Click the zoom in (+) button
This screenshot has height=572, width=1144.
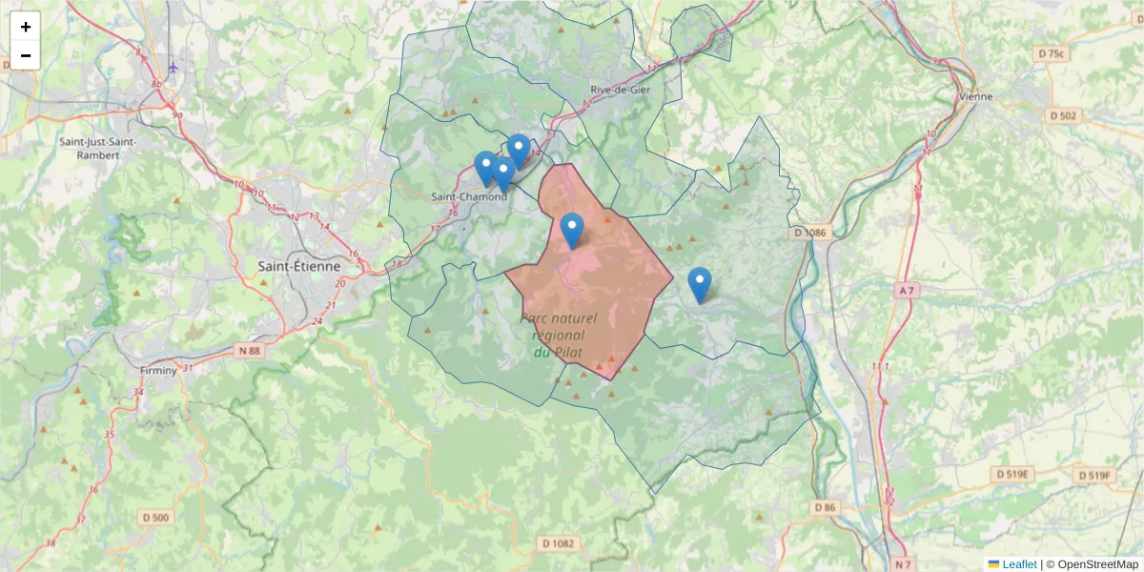pyautogui.click(x=26, y=27)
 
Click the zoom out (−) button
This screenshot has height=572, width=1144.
pyautogui.click(x=26, y=55)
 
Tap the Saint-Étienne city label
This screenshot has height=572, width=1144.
pyautogui.click(x=300, y=267)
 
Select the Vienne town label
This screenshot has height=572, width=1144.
pyautogui.click(x=975, y=96)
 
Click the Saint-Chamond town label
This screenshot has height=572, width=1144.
pyautogui.click(x=469, y=196)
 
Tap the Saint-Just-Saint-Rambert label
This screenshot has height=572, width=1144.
pyautogui.click(x=97, y=149)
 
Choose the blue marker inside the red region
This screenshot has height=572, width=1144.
pyautogui.click(x=572, y=230)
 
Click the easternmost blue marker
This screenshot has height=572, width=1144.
pyautogui.click(x=700, y=284)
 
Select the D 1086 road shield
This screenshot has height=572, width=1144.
pyautogui.click(x=810, y=233)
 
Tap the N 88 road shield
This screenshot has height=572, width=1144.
pyautogui.click(x=249, y=351)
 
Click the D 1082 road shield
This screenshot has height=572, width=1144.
pyautogui.click(x=558, y=543)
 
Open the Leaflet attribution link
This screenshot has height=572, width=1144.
pyautogui.click(x=1018, y=564)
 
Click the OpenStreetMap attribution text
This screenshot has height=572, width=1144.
pyautogui.click(x=1097, y=564)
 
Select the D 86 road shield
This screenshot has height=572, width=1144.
pyautogui.click(x=825, y=507)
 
